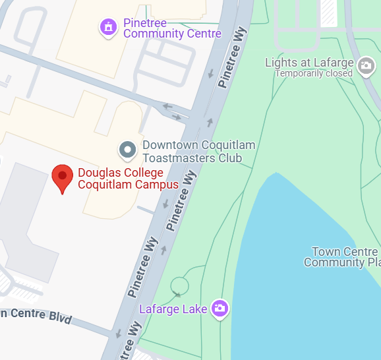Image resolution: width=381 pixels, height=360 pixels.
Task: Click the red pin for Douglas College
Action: [63, 177]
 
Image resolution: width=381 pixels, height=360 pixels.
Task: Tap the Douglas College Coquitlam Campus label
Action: [128, 179]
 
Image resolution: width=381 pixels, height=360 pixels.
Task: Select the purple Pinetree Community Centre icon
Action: [108, 27]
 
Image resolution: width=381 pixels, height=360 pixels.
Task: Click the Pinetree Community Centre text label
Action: [172, 28]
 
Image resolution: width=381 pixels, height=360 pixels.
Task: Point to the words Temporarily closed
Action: [314, 73]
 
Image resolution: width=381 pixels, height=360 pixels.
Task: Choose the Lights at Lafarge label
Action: [308, 63]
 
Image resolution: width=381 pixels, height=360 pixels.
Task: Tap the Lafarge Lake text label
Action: [174, 309]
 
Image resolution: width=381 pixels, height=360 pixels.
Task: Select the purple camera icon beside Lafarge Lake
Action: [220, 308]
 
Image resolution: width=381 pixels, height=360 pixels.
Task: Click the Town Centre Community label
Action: [341, 257]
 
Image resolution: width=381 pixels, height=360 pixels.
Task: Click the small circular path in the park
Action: [179, 285]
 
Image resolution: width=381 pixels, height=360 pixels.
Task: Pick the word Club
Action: [230, 158]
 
